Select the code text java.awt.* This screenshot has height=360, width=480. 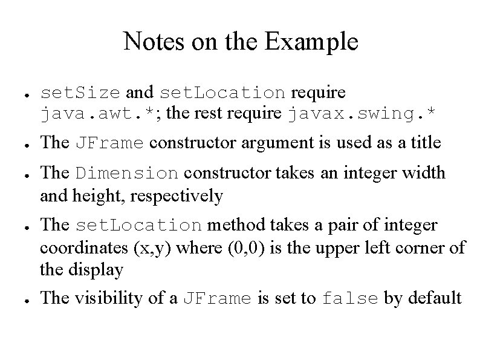coord(101,113)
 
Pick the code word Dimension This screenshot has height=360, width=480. coord(127,173)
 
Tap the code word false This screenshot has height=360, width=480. coord(350,299)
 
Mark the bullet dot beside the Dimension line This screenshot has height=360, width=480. coord(21,174)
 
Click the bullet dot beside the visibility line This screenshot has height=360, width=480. coord(21,299)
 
